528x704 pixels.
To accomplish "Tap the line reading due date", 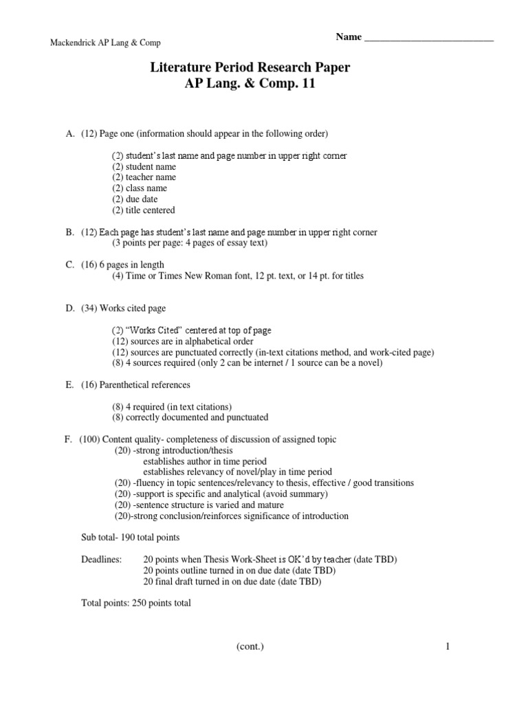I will point(141,199).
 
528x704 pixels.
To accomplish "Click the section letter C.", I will point(69,265).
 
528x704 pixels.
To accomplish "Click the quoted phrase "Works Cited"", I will point(152,331).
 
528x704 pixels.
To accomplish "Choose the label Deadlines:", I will point(102,560).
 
